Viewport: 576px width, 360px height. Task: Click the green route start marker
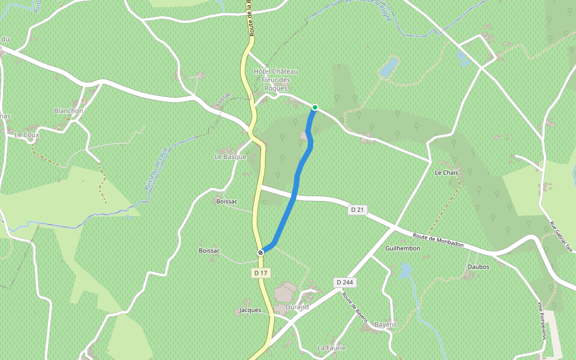pyautogui.click(x=314, y=108)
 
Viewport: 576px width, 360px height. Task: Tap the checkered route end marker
pyautogui.click(x=261, y=252)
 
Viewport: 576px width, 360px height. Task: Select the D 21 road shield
pyautogui.click(x=358, y=209)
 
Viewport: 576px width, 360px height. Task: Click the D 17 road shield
pyautogui.click(x=260, y=273)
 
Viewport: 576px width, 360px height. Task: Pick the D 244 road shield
pyautogui.click(x=344, y=282)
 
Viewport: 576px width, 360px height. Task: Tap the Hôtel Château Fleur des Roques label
pyautogui.click(x=276, y=80)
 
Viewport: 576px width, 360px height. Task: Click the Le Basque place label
pyautogui.click(x=230, y=157)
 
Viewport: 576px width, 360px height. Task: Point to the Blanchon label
pyautogui.click(x=68, y=111)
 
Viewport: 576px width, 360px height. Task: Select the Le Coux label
pyautogui.click(x=26, y=136)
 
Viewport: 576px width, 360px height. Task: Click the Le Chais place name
pyautogui.click(x=446, y=173)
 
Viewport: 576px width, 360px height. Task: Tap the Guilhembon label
pyautogui.click(x=403, y=248)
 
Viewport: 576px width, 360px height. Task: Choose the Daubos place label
pyautogui.click(x=478, y=266)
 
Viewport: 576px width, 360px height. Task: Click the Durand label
pyautogui.click(x=297, y=307)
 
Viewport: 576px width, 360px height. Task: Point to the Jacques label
pyautogui.click(x=250, y=310)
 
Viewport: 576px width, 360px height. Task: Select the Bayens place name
pyautogui.click(x=385, y=325)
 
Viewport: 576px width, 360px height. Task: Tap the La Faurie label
pyautogui.click(x=331, y=348)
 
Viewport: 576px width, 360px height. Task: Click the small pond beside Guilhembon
pyautogui.click(x=406, y=271)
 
